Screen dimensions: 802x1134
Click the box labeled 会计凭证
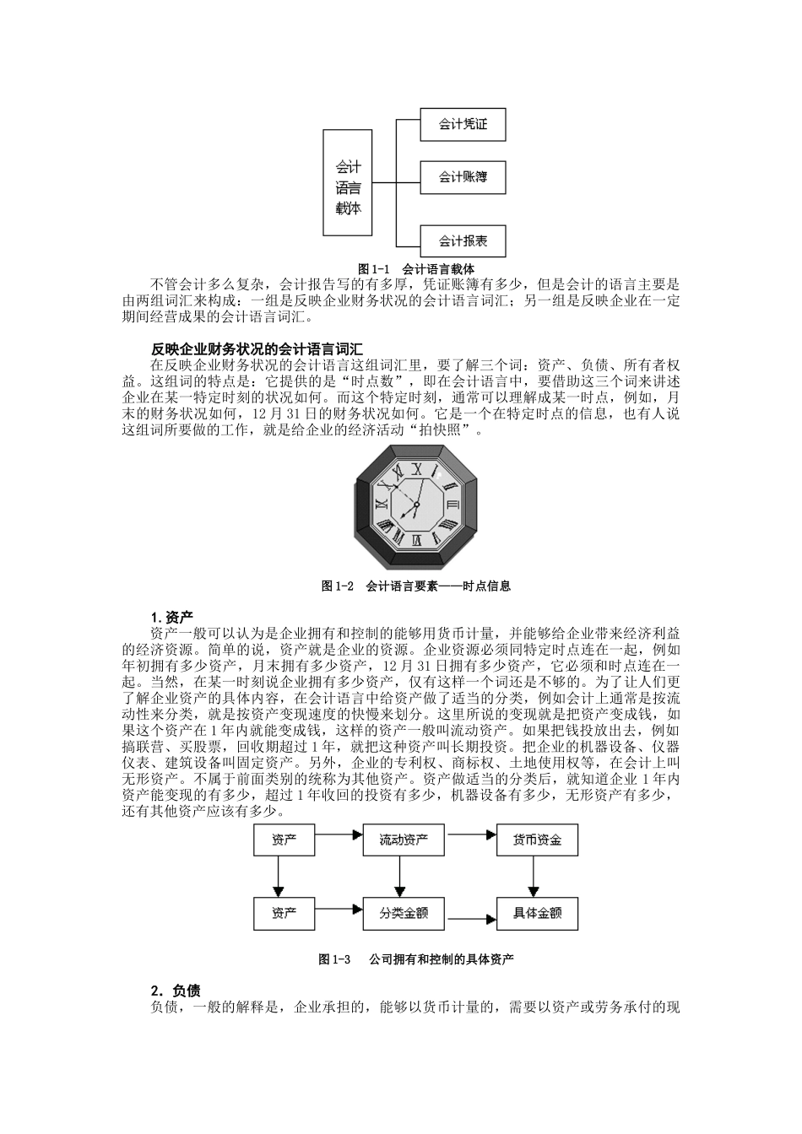click(463, 125)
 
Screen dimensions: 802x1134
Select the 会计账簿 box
click(463, 177)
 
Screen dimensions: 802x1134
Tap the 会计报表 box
click(463, 241)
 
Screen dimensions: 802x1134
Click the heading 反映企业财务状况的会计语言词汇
click(257, 348)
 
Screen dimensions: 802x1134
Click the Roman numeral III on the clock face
click(452, 505)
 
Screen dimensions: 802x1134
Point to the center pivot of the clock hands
click(415, 505)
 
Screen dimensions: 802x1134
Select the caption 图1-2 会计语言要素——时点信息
click(416, 586)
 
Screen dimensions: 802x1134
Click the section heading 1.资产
click(172, 617)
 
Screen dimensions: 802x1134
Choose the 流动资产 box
click(404, 840)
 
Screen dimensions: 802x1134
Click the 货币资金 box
click(537, 840)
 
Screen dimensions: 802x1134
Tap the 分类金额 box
click(404, 912)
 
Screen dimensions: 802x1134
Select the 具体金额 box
click(537, 913)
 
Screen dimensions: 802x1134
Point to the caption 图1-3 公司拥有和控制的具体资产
click(416, 959)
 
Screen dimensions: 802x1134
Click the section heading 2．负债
click(176, 991)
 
